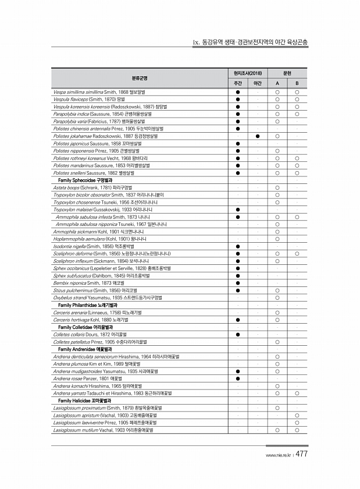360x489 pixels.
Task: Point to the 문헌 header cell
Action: tap(287, 73)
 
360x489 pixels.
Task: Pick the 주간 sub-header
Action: tap(238, 84)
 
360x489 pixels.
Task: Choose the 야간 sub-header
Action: tap(257, 84)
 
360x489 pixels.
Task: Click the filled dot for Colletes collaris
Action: tap(238, 334)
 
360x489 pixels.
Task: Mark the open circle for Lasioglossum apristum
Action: tap(297, 415)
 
